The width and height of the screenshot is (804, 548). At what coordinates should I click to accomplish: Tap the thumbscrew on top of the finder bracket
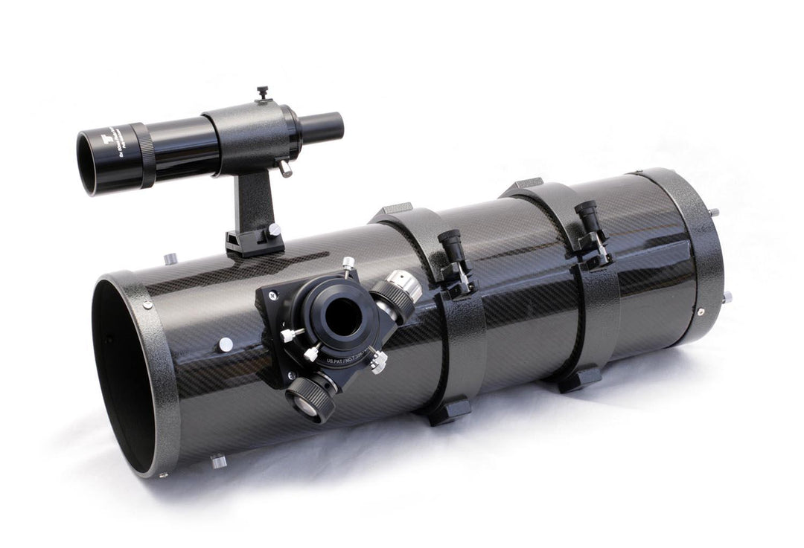[262, 93]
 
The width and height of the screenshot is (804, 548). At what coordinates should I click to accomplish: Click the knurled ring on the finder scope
[144, 155]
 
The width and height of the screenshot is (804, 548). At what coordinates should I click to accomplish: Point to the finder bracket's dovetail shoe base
[252, 242]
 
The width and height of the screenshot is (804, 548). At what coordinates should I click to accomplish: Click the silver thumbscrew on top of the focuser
[348, 265]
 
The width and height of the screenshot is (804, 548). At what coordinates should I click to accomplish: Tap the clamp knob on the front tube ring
[453, 249]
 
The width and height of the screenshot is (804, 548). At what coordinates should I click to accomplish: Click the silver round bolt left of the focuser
[225, 344]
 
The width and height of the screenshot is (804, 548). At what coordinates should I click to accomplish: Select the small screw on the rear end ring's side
[700, 312]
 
